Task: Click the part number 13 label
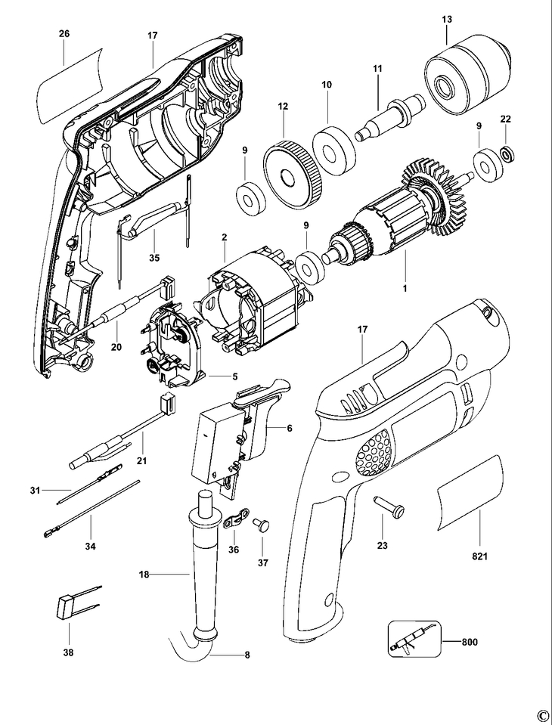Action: click(x=446, y=19)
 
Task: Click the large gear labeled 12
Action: click(x=291, y=174)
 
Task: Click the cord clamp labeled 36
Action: click(x=237, y=521)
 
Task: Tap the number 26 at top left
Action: click(x=64, y=34)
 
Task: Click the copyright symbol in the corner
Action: click(x=542, y=715)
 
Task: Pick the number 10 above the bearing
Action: click(x=327, y=86)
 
